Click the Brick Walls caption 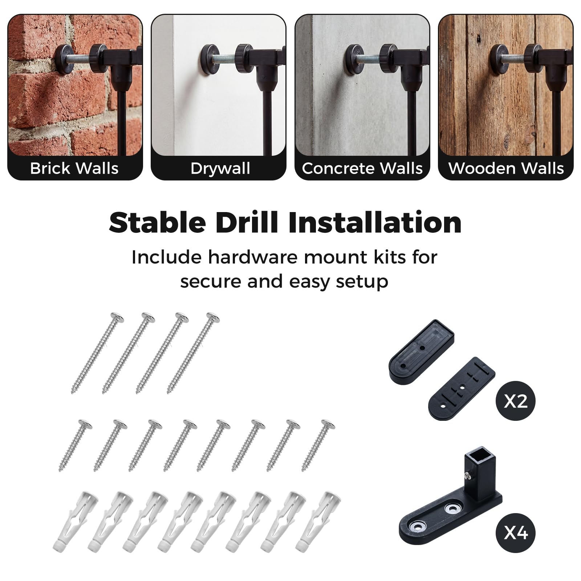[x=74, y=168]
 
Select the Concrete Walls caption [x=362, y=168]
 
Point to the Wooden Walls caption [x=506, y=168]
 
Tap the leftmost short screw [x=76, y=446]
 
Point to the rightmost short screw [x=318, y=446]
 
